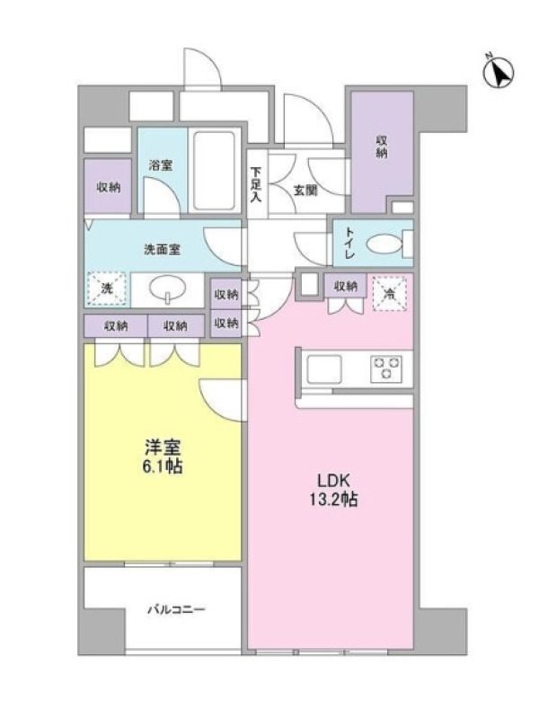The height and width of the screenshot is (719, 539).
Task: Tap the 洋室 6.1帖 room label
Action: [x=163, y=457]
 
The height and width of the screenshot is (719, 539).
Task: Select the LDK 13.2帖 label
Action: [x=333, y=490]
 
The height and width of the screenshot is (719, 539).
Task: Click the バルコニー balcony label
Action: [x=176, y=610]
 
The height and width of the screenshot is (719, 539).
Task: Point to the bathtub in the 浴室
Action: [x=214, y=171]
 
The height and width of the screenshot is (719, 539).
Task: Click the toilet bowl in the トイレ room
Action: [x=385, y=244]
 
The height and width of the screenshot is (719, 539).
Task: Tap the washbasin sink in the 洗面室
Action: [x=168, y=289]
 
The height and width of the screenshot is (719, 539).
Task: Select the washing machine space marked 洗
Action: [x=107, y=288]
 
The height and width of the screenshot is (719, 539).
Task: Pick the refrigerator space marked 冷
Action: [x=390, y=294]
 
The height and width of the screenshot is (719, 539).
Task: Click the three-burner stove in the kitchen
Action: [x=386, y=368]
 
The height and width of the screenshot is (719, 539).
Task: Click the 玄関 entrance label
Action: [x=305, y=190]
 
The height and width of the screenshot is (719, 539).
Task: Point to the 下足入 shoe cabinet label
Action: [x=256, y=185]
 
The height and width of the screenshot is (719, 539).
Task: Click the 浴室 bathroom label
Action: [x=161, y=165]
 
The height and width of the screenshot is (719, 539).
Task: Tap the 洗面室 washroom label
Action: [x=163, y=250]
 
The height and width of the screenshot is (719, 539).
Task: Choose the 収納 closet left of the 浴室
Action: [x=108, y=187]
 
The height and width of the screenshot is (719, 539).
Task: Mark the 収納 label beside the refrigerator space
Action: [x=345, y=286]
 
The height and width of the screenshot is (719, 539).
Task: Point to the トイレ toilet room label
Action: [x=349, y=243]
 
